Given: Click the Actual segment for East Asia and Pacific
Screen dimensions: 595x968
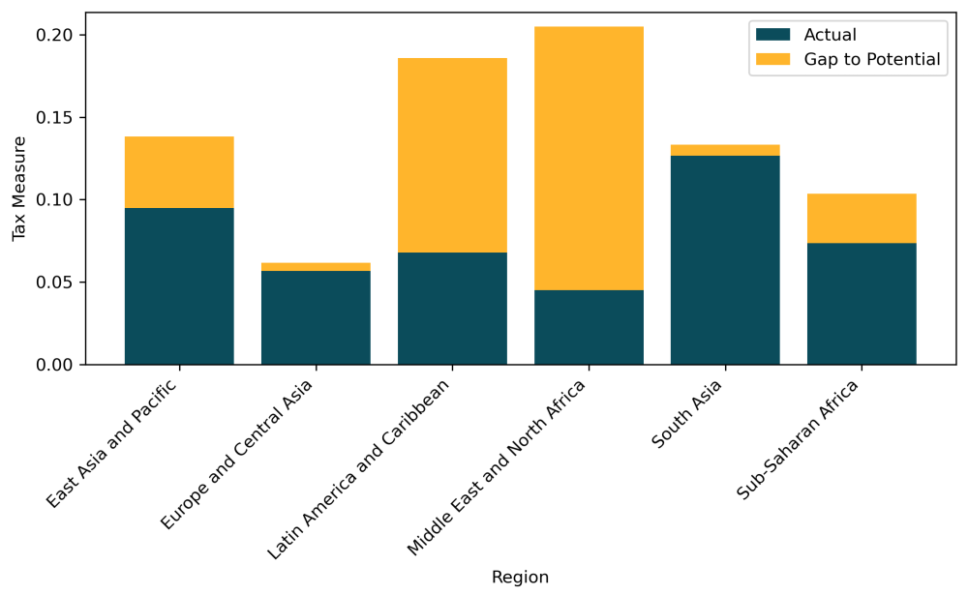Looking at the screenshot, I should tap(179, 286).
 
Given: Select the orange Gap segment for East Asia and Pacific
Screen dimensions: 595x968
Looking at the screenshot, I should tap(179, 172).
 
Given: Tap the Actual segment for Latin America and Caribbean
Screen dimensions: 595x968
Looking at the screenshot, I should tap(452, 309).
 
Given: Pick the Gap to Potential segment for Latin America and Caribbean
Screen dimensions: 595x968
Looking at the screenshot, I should tap(452, 155).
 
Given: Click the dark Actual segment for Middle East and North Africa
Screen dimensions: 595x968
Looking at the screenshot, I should tap(589, 327).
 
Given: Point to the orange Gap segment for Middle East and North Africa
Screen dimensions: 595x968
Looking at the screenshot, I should tap(589, 159).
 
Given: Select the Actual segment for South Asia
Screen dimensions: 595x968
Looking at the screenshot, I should tap(725, 260).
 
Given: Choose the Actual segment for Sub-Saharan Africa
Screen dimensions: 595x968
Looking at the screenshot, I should tap(862, 304).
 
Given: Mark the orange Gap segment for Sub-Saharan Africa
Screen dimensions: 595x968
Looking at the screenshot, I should tap(862, 219).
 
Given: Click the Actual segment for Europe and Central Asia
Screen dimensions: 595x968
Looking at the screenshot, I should tap(316, 317).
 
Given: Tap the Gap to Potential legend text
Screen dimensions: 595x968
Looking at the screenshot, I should tap(872, 60).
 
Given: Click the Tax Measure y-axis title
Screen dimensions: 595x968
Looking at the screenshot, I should tap(19, 189).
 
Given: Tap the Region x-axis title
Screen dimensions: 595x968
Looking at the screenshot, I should tap(520, 578).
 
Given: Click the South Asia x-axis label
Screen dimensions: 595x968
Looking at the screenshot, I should tap(687, 414).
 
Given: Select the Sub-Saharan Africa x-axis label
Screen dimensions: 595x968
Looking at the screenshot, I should tap(800, 439).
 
